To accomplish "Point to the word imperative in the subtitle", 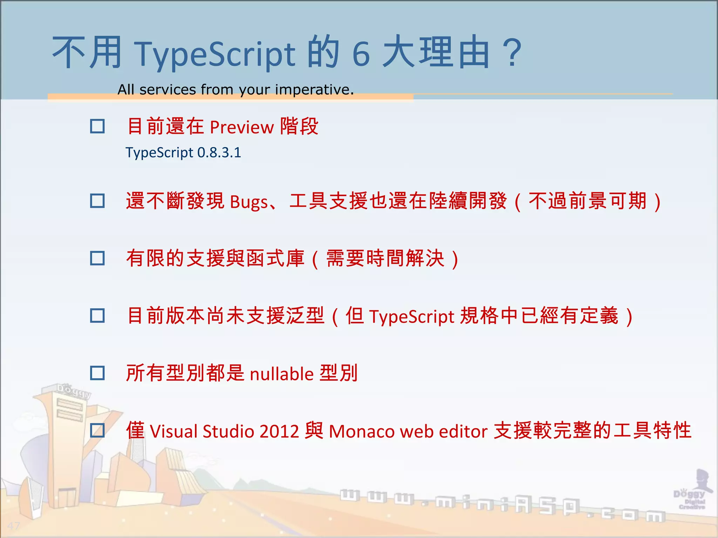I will pos(314,90).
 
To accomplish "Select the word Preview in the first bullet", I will pos(242,127).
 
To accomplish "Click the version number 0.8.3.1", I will pos(219,153).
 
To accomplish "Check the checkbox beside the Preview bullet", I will pos(97,126).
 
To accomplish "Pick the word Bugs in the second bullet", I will pos(249,202).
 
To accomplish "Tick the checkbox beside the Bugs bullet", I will pos(97,201).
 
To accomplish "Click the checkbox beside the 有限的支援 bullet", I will pos(97,258).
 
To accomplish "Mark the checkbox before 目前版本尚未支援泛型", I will pos(97,316).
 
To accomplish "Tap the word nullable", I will pos(282,374).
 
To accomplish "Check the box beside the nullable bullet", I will pos(97,373).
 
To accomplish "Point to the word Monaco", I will pos(361,431).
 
